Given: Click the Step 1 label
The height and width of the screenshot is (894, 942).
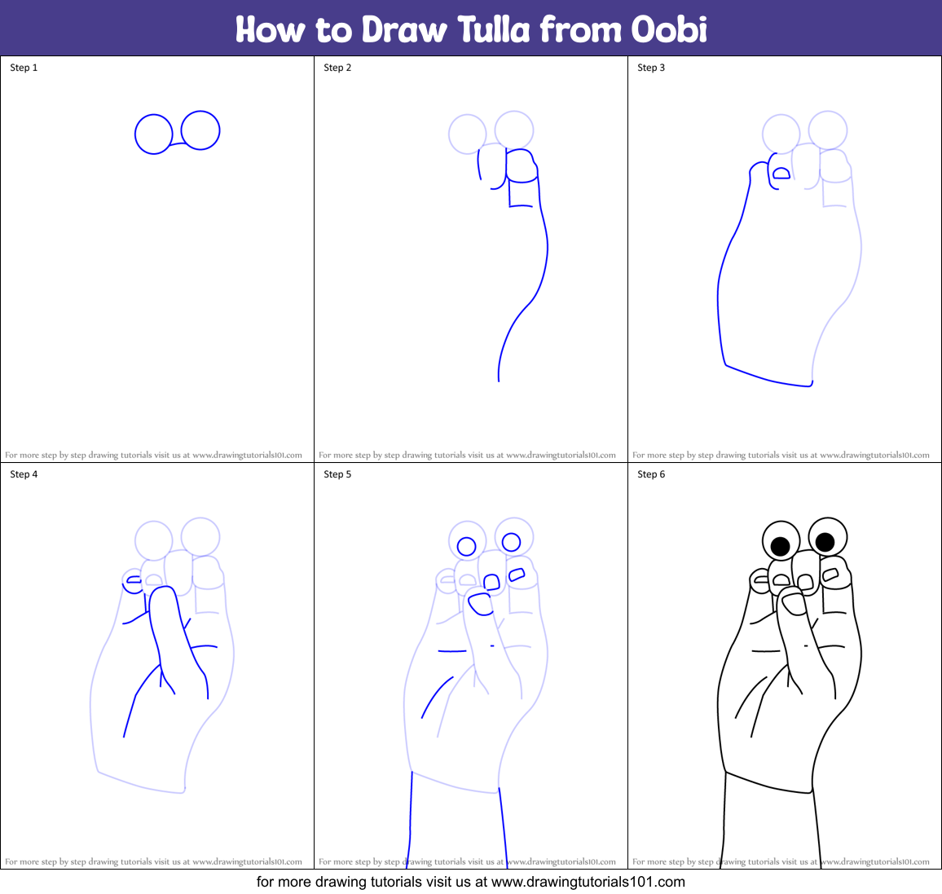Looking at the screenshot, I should (24, 68).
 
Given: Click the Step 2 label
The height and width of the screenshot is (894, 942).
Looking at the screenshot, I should (337, 68).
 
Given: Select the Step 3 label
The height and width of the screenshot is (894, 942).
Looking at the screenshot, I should (651, 68).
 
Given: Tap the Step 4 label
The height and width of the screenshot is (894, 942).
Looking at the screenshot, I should (24, 474).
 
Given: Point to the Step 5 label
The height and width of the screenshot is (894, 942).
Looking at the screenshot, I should (337, 474).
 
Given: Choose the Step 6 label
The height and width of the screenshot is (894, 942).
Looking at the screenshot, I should (651, 474).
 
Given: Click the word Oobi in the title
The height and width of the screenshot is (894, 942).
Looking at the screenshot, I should (669, 29).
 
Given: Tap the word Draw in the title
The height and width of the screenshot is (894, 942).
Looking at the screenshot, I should (404, 29).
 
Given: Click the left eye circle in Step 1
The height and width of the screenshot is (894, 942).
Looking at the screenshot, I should (153, 134).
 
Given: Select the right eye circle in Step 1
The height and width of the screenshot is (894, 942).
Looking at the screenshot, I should (200, 130).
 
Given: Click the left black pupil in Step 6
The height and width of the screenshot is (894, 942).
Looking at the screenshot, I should (780, 546).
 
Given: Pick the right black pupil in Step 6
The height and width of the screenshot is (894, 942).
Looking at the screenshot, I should (825, 541).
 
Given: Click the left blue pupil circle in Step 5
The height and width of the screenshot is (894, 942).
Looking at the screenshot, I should (466, 546).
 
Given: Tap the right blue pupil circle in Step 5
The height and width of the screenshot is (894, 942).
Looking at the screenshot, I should (511, 542).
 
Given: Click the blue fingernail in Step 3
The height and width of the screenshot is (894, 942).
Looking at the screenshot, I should (781, 173).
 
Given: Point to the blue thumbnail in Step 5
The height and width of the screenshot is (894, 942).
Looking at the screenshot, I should (480, 603).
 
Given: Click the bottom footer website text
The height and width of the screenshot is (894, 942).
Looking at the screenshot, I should (471, 882).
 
